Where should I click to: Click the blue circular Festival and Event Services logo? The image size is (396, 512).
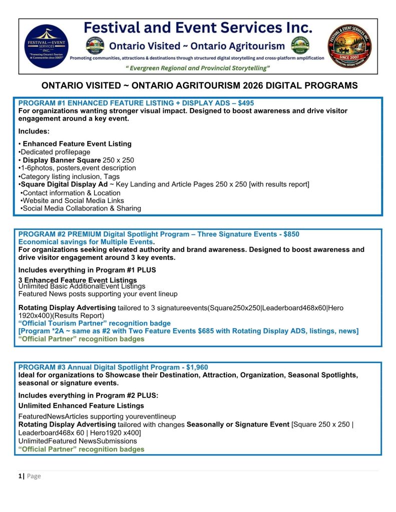[x=46, y=46]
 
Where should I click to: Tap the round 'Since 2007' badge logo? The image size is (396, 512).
[x=349, y=46]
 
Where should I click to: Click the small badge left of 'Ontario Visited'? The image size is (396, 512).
[x=95, y=45]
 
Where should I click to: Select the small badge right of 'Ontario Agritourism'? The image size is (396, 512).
[x=300, y=45]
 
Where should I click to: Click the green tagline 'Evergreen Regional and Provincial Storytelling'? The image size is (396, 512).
[x=197, y=67]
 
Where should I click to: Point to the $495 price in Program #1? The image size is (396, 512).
[x=244, y=103]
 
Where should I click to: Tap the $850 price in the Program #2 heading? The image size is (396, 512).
[x=291, y=234]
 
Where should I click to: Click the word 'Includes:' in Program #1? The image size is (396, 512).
[x=34, y=131]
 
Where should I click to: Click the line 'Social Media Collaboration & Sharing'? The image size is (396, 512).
[x=82, y=208]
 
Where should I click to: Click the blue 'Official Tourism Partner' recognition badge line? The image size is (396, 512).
[x=94, y=323]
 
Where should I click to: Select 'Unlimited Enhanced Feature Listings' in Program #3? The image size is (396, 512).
[x=81, y=405]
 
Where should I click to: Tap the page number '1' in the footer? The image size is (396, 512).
[x=20, y=476]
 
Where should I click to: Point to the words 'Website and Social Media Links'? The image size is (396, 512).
[x=73, y=200]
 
